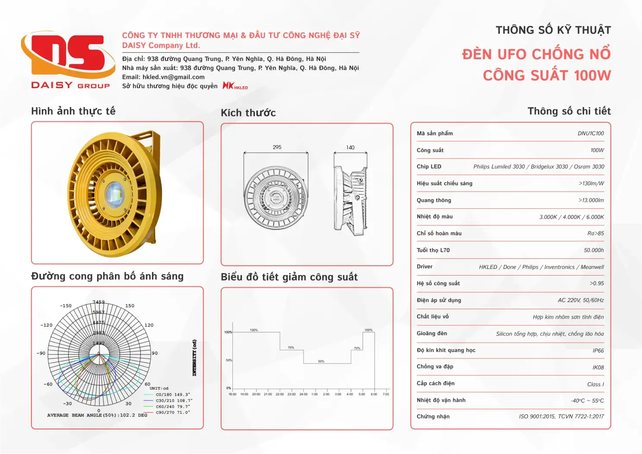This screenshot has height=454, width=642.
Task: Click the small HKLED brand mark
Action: pyautogui.click(x=235, y=86)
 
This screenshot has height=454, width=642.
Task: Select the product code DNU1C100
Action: pyautogui.click(x=591, y=133)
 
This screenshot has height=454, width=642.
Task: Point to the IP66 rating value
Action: pyautogui.click(x=598, y=351)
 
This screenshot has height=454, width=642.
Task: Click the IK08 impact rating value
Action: pyautogui.click(x=598, y=368)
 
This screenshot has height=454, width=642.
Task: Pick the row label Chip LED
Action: pyautogui.click(x=429, y=167)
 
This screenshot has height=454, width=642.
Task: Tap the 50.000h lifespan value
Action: pyautogui.click(x=594, y=251)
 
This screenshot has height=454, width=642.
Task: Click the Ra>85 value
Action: pyautogui.click(x=595, y=234)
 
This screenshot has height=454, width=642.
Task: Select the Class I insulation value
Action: pyautogui.click(x=595, y=384)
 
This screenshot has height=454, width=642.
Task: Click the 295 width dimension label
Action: pyautogui.click(x=277, y=147)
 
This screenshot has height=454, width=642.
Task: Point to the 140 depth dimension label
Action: pyautogui.click(x=350, y=148)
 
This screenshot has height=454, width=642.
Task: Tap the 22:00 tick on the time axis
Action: pyautogui.click(x=280, y=394)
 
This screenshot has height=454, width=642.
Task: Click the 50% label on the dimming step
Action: pyautogui.click(x=321, y=361)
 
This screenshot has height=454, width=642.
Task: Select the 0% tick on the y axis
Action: pyautogui.click(x=229, y=388)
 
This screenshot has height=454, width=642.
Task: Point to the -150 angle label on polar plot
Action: pyautogui.click(x=66, y=306)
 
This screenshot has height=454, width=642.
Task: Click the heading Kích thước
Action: pyautogui.click(x=248, y=113)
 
